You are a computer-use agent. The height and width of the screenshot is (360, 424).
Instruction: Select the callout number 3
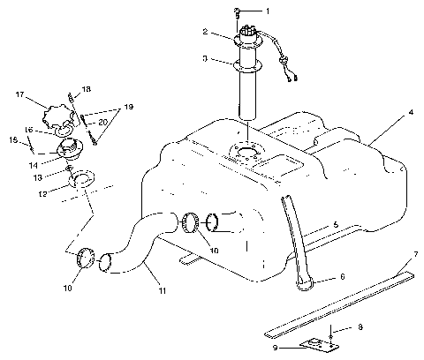point(204,59)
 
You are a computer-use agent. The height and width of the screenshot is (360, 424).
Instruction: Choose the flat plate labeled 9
point(314,345)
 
